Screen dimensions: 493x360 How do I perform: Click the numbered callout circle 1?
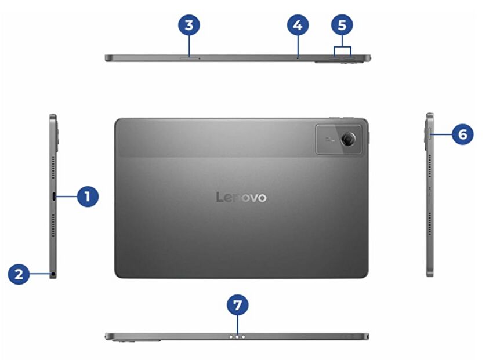pyautogui.click(x=88, y=197)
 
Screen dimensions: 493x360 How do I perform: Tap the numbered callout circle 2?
pyautogui.click(x=19, y=274)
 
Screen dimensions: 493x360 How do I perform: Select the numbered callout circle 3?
pyautogui.click(x=189, y=25)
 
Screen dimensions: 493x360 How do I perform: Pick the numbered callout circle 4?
pyautogui.click(x=298, y=25)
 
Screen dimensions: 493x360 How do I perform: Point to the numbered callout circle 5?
pyautogui.click(x=342, y=25)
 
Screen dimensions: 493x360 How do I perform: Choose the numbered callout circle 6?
pyautogui.click(x=463, y=134)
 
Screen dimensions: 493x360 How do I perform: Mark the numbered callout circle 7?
pyautogui.click(x=238, y=305)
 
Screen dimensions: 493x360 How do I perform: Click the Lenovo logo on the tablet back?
pyautogui.click(x=241, y=197)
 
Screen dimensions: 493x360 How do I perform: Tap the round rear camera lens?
pyautogui.click(x=348, y=139)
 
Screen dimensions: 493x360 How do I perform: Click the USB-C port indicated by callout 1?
pyautogui.click(x=54, y=197)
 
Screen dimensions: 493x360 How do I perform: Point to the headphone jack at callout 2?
pyautogui.click(x=53, y=274)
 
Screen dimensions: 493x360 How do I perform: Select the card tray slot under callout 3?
pyautogui.click(x=188, y=58)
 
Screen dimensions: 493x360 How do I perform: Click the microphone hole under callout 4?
pyautogui.click(x=298, y=58)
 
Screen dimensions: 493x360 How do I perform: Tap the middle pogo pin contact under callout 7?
pyautogui.click(x=237, y=337)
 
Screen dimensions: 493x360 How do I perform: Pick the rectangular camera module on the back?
pyautogui.click(x=339, y=139)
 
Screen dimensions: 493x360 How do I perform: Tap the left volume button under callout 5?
pyautogui.click(x=334, y=58)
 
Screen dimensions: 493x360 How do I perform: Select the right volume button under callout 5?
pyautogui.click(x=349, y=58)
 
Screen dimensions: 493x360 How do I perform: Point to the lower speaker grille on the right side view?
pyautogui.click(x=429, y=223)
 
